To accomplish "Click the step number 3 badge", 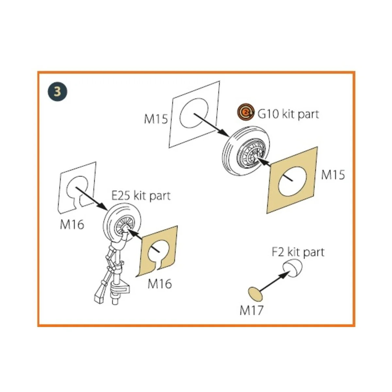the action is [x=57, y=92].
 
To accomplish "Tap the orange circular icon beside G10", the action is [x=246, y=112].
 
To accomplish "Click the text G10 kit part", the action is [x=288, y=114].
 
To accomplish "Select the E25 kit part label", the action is [x=141, y=196].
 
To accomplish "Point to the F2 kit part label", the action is [x=298, y=252].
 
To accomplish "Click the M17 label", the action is [x=252, y=310].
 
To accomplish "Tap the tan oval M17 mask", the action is [x=255, y=294].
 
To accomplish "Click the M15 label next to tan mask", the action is [x=333, y=175].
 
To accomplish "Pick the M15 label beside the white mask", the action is [x=156, y=119].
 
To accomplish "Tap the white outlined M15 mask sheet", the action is [x=194, y=115].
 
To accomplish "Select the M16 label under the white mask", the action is [x=72, y=224].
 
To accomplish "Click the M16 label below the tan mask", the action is [x=160, y=284].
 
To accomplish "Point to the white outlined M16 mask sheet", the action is [x=76, y=188].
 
